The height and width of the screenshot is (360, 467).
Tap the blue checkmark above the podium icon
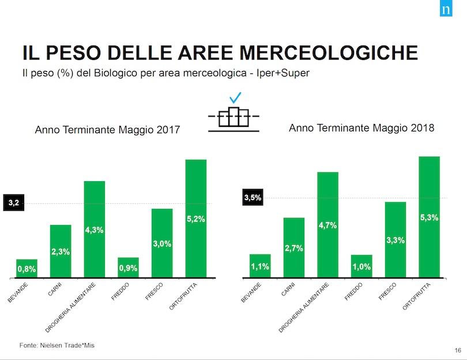tap(234, 98)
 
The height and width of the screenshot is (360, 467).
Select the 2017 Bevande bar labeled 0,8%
tap(27, 268)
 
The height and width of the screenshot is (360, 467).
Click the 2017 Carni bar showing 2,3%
tap(61, 251)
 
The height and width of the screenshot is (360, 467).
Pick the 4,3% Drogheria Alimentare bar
tap(95, 229)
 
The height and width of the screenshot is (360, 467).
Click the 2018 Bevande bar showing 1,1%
tap(260, 266)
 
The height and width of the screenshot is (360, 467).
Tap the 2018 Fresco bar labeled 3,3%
tap(396, 239)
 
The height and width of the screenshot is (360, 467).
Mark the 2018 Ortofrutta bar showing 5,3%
tap(430, 217)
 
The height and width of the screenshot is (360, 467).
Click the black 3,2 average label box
tap(14, 203)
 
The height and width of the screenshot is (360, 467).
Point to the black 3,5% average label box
tap(253, 198)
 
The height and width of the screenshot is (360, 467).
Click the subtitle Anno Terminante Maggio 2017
tap(108, 131)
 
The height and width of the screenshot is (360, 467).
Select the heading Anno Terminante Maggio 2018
tap(361, 129)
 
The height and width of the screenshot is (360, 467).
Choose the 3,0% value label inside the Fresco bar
tap(162, 244)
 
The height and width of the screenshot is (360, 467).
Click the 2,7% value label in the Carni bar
tap(293, 248)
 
